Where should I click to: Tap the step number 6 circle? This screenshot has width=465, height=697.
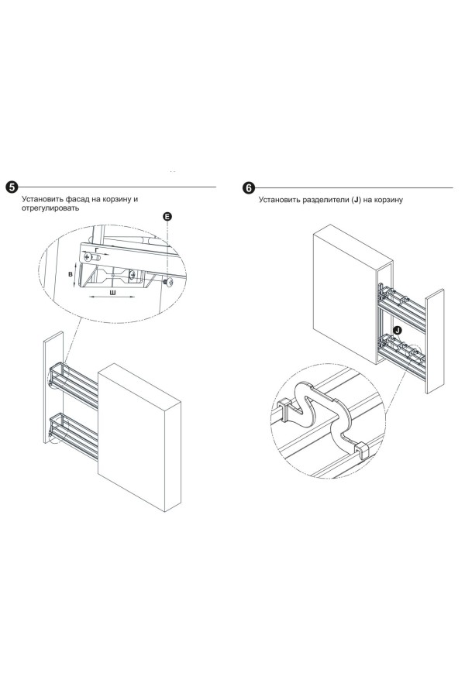point(248,188)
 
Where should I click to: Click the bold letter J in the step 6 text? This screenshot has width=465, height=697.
point(355,200)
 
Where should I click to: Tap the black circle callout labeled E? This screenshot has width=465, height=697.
point(167,218)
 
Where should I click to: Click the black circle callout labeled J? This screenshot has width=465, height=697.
point(397,331)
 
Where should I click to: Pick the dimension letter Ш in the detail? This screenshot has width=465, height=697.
point(114,294)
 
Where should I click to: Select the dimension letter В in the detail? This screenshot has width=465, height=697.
point(70,274)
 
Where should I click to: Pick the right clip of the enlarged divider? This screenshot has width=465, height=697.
point(360,452)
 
